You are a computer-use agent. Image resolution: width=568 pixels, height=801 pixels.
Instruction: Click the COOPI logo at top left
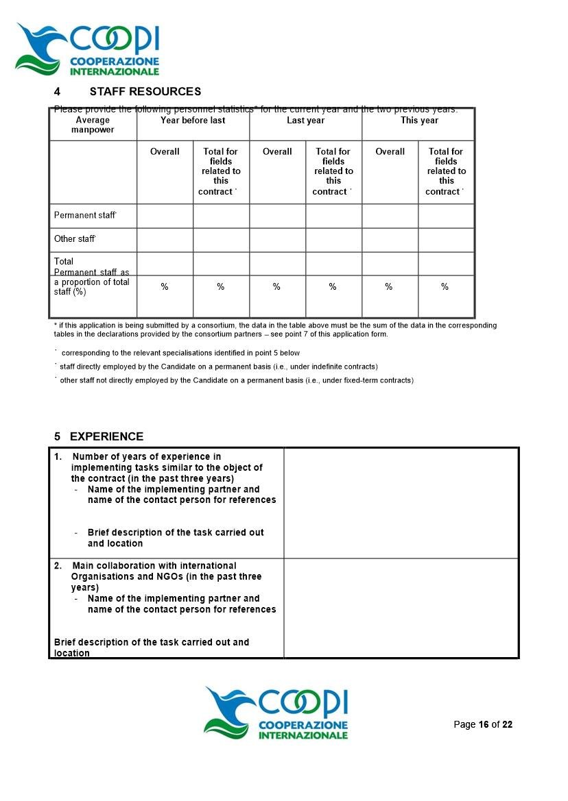click(88, 48)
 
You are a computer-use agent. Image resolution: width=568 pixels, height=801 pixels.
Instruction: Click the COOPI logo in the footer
click(276, 713)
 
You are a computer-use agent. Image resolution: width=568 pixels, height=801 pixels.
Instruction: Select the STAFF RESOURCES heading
click(145, 92)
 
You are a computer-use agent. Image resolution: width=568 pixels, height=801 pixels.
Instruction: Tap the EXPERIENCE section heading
click(106, 436)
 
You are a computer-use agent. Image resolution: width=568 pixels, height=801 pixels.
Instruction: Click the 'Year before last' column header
click(193, 121)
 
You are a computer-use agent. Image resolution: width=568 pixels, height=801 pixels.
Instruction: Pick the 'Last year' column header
click(305, 121)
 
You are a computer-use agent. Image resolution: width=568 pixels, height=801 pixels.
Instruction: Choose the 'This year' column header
click(419, 121)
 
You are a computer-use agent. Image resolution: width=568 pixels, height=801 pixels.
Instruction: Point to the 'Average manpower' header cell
click(93, 125)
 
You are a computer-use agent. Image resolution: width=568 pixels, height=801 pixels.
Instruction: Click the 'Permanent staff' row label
click(85, 215)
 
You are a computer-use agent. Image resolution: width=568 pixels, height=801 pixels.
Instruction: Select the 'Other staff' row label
click(74, 239)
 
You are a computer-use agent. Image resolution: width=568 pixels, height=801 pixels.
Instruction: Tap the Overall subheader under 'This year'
click(390, 152)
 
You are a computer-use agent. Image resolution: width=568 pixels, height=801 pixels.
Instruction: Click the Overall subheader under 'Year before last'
click(165, 152)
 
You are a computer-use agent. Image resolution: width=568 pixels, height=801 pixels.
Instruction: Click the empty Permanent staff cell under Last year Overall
click(277, 216)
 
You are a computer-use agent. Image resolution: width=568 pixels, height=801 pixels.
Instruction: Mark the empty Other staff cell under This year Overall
click(390, 240)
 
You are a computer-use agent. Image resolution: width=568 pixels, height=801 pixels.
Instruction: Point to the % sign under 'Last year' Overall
click(276, 287)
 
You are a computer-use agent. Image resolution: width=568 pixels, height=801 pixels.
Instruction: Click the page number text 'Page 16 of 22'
click(483, 725)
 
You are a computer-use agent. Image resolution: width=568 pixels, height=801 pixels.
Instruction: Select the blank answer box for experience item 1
click(401, 503)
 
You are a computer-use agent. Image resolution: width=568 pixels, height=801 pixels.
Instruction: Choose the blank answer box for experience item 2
click(401, 608)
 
